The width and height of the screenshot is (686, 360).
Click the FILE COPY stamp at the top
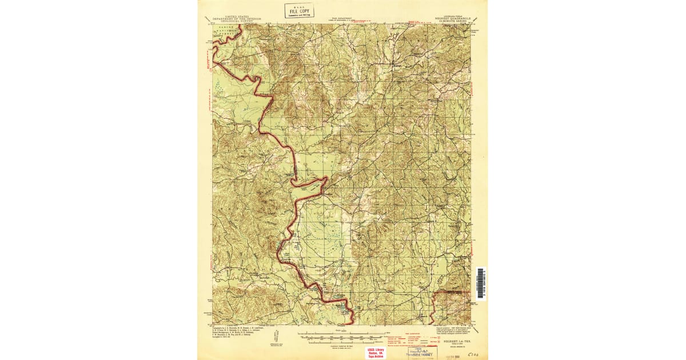pyautogui.click(x=299, y=10)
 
